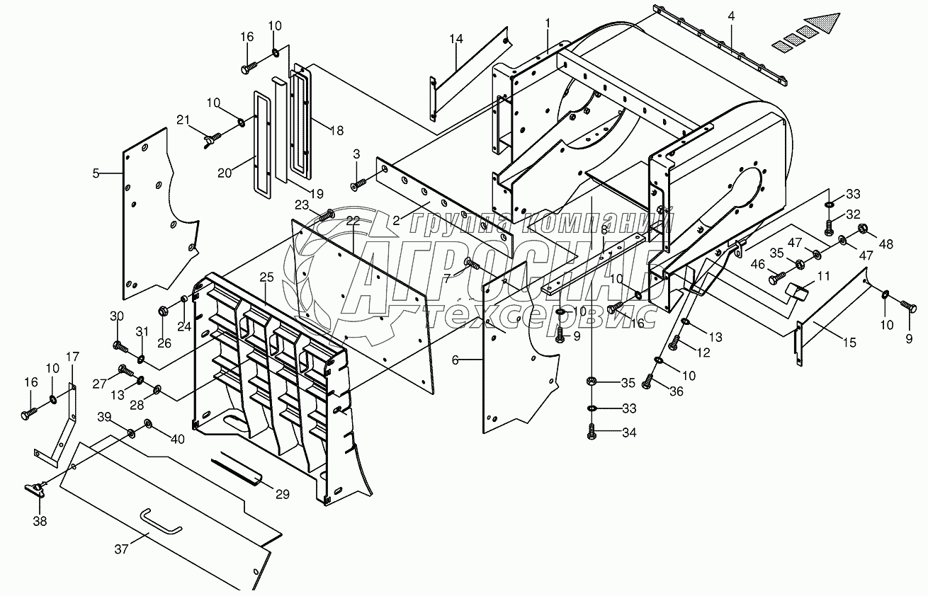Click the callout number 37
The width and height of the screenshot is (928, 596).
point(121,549)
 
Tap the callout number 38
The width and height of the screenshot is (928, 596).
point(40,521)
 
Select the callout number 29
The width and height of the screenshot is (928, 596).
point(283,494)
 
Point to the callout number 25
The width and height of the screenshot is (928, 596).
point(267,277)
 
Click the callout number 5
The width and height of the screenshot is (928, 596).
point(96,173)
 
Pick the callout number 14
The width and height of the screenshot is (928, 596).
point(455,360)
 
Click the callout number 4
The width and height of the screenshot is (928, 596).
point(731,16)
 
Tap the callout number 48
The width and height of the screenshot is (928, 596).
point(886,244)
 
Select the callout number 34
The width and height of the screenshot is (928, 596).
point(629,433)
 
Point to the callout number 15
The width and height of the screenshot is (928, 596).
point(849,343)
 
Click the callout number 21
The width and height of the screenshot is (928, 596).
point(183,120)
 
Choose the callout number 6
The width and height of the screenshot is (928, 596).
point(455,360)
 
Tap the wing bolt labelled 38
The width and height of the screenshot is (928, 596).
point(36,489)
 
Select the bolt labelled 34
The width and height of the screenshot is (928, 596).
point(592,432)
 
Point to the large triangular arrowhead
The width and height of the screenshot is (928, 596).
point(822,24)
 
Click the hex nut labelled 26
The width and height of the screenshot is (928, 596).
point(164,310)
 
